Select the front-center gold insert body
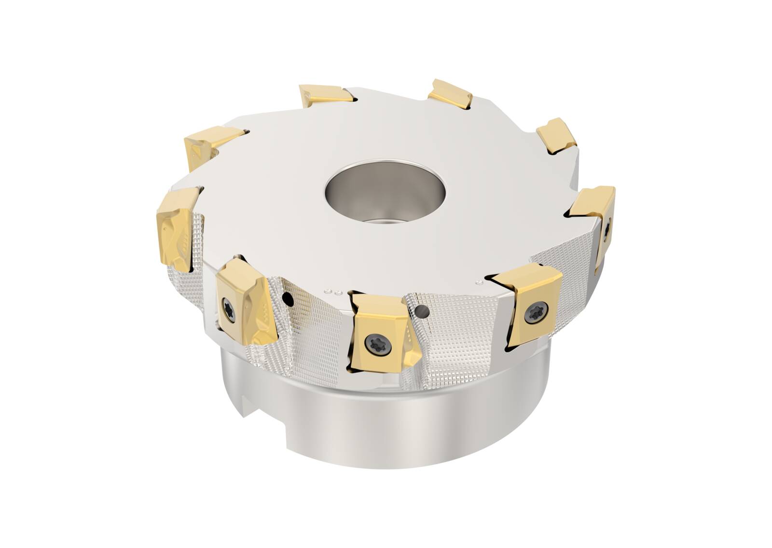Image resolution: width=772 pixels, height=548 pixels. [x=381, y=333]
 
